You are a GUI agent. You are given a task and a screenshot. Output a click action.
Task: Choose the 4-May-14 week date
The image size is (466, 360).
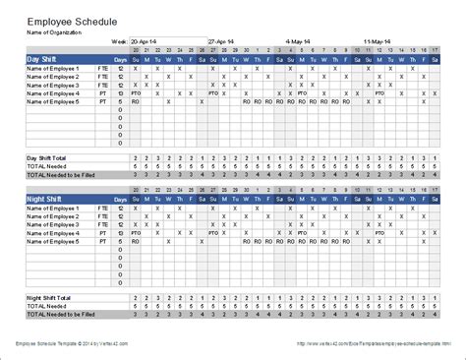[x=299, y=41]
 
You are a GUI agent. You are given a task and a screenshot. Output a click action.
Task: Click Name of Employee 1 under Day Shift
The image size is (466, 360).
[x=50, y=69]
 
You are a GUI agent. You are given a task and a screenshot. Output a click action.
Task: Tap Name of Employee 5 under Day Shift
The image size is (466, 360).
[x=50, y=101]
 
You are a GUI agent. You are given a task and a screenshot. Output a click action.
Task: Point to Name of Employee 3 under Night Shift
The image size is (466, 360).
[x=50, y=223]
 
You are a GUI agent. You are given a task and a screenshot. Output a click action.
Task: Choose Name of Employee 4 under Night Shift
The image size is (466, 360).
[x=50, y=232]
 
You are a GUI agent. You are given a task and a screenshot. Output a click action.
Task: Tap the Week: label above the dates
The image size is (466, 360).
[x=119, y=41]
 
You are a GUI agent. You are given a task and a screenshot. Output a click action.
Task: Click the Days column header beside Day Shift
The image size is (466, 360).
[x=120, y=60]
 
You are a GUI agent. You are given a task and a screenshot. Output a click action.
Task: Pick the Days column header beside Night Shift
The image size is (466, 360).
[x=120, y=199]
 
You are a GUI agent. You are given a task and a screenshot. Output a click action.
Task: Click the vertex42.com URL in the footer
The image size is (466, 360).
[x=375, y=342]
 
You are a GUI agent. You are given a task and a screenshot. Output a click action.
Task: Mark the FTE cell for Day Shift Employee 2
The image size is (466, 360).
[x=101, y=77]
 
